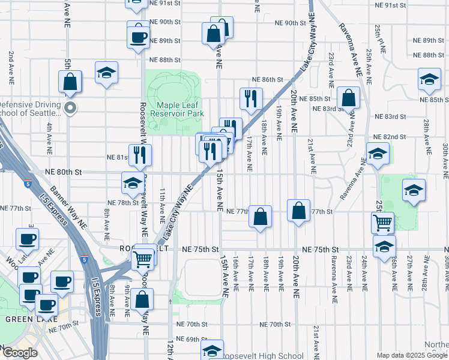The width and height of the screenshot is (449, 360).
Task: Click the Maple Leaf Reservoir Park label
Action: pos(177,109)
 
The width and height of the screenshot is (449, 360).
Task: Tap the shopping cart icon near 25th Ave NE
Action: pos(382,223)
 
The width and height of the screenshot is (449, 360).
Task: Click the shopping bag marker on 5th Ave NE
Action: pos(70,82)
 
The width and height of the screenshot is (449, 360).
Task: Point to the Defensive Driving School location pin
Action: pos(70,109)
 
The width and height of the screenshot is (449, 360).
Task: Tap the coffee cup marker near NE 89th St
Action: pos(138,37)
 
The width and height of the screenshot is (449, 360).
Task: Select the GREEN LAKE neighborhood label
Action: pos(22,319)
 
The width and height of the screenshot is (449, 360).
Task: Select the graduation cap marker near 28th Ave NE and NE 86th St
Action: pos(430,80)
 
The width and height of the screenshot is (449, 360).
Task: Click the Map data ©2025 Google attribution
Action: pos(411,355)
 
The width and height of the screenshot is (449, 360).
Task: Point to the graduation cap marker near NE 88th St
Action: pos(107,73)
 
